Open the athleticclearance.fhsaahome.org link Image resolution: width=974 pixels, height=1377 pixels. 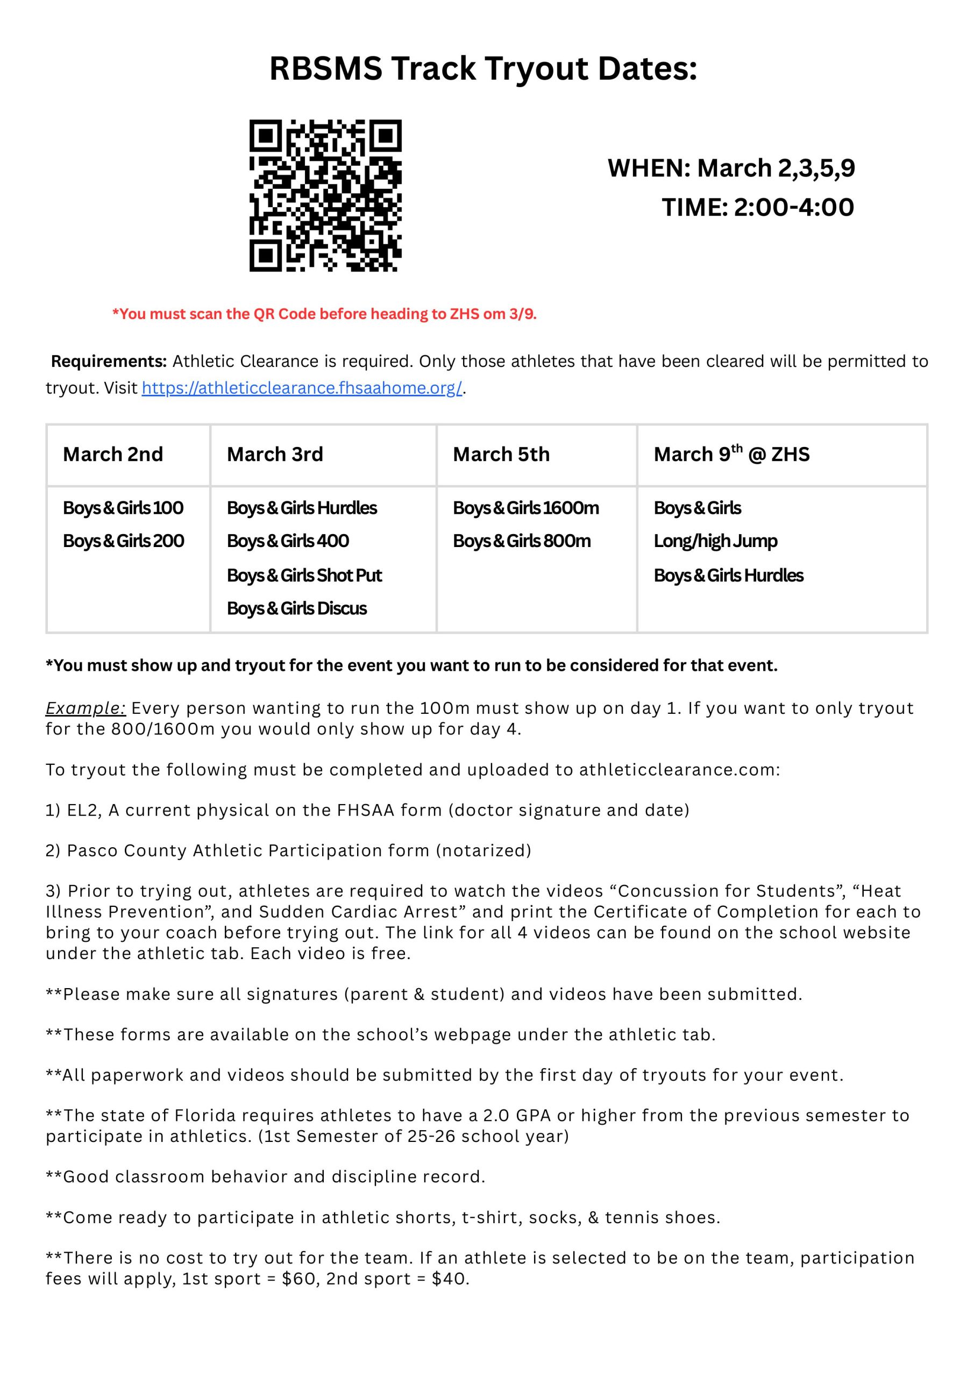click(x=302, y=388)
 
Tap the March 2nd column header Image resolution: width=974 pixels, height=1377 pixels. click(x=113, y=455)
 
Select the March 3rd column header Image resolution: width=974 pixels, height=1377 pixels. click(x=275, y=455)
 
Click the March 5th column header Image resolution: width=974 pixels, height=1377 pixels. click(x=501, y=455)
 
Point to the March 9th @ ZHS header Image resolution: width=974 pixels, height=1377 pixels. click(x=731, y=455)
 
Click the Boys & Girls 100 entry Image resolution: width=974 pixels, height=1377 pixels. click(x=123, y=508)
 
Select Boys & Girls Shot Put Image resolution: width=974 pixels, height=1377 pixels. click(x=304, y=575)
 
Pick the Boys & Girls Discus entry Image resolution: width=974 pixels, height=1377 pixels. click(x=296, y=608)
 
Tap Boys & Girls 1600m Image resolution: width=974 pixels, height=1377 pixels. click(x=525, y=508)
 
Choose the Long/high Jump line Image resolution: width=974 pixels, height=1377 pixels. click(x=715, y=541)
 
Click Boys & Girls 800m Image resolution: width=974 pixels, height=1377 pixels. click(x=521, y=541)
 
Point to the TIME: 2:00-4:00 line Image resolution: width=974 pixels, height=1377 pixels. click(x=757, y=208)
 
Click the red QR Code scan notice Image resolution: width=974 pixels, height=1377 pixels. click(x=324, y=314)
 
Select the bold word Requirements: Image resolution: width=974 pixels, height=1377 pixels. click(x=109, y=361)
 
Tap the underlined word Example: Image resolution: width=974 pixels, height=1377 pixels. click(x=85, y=708)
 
